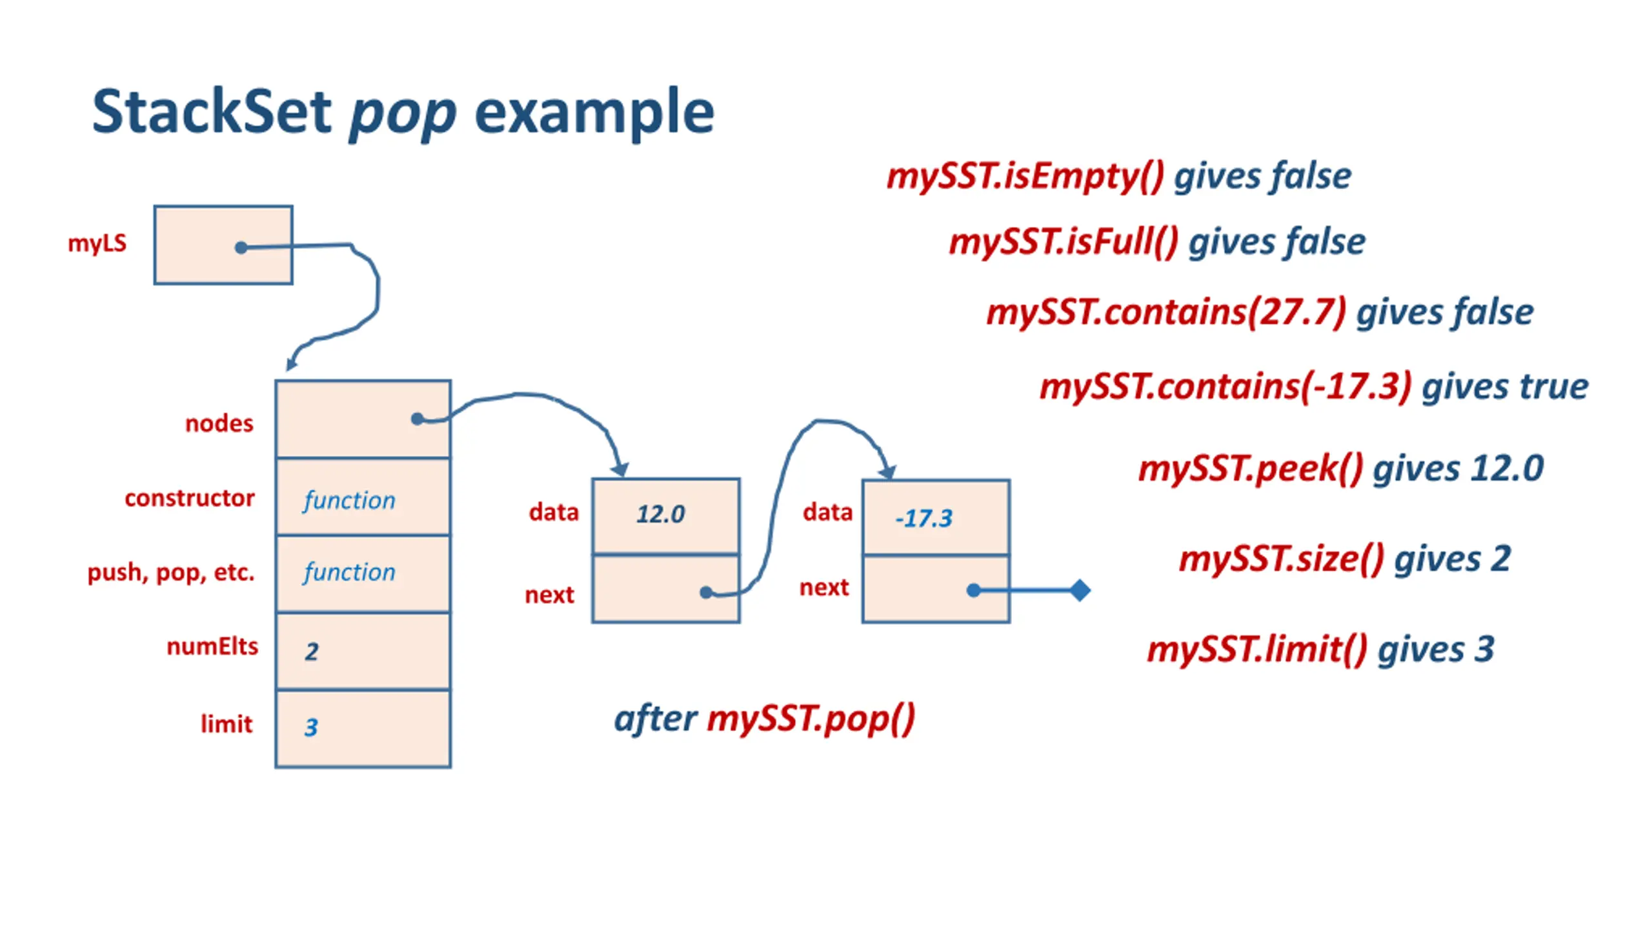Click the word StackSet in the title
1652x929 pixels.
click(x=212, y=112)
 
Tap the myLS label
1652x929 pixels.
click(x=97, y=244)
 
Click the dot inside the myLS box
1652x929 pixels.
click(x=241, y=248)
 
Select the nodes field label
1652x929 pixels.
click(x=219, y=423)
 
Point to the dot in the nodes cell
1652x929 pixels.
click(x=417, y=419)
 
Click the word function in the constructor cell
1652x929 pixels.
click(x=349, y=500)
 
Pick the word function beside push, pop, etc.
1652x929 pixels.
click(x=349, y=572)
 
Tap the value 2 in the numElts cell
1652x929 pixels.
click(x=312, y=652)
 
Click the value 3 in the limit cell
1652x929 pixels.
click(x=311, y=727)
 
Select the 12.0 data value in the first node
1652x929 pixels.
click(x=660, y=514)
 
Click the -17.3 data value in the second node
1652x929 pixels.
click(x=923, y=518)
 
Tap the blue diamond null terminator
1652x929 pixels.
click(x=1080, y=590)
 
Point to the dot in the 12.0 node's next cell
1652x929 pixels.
click(x=706, y=592)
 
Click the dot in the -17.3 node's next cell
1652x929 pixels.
click(x=974, y=590)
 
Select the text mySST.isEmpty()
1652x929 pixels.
click(x=1025, y=177)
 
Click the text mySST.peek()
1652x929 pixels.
click(x=1251, y=469)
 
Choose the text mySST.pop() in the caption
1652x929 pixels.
click(x=811, y=719)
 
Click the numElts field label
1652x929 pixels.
click(x=212, y=646)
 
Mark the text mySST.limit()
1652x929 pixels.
click(x=1257, y=650)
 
